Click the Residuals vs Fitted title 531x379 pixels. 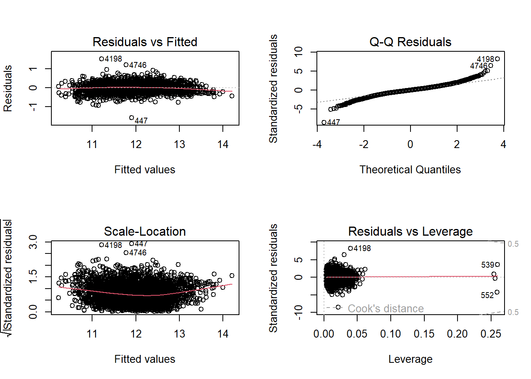pos(145,42)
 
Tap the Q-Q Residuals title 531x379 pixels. pos(410,42)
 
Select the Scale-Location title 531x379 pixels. pos(145,231)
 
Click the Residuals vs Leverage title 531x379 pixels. pos(410,231)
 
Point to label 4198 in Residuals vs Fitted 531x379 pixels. pos(113,59)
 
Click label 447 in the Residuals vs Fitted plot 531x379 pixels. pos(141,121)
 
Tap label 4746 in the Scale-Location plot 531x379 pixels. pos(137,253)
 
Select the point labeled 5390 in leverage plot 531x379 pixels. pos(497,265)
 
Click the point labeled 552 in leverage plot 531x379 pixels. pos(497,292)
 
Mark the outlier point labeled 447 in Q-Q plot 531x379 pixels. pos(324,122)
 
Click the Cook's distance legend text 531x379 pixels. pos(386,308)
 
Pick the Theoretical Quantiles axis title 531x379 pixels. pos(410,170)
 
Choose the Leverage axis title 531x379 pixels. pos(410,359)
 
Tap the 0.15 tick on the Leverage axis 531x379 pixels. pos(424,334)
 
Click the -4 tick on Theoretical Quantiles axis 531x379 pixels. pos(317,144)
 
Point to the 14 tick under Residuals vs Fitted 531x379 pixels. pos(223,144)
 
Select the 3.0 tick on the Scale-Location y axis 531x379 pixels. pos(33,242)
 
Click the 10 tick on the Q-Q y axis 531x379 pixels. pos(299,52)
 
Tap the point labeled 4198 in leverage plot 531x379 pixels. pos(350,248)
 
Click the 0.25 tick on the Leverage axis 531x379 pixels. pos(491,334)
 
